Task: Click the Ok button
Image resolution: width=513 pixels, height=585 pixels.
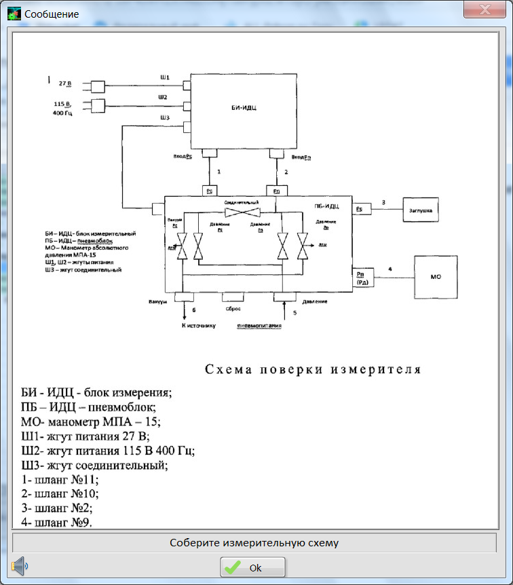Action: pyautogui.click(x=252, y=567)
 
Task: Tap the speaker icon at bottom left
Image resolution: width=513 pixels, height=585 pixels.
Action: pyautogui.click(x=19, y=565)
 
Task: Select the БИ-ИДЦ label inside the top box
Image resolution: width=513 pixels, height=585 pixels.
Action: pyautogui.click(x=244, y=107)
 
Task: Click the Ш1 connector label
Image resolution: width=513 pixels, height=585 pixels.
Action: pyautogui.click(x=163, y=77)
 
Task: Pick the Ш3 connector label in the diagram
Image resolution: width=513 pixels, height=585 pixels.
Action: pyautogui.click(x=164, y=118)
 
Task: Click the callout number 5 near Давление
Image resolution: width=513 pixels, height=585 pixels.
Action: pyautogui.click(x=294, y=313)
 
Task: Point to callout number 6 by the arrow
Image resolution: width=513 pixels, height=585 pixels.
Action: pyautogui.click(x=194, y=310)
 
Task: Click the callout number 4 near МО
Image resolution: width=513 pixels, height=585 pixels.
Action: pyautogui.click(x=389, y=269)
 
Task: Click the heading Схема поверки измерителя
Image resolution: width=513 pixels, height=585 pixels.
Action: pyautogui.click(x=313, y=370)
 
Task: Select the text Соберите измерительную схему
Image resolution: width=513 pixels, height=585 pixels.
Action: pyautogui.click(x=254, y=543)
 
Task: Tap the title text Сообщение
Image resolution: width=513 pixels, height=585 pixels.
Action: pyautogui.click(x=52, y=14)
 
